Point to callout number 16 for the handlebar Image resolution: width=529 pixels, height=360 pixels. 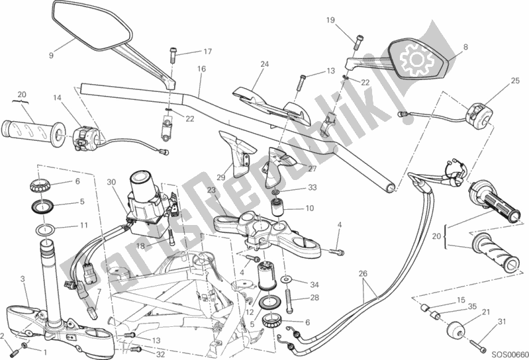[x=201, y=69]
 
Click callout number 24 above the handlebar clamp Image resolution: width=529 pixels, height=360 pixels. [x=265, y=64]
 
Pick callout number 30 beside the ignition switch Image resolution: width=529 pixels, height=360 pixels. [x=112, y=183]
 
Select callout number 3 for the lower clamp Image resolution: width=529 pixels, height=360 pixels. [x=23, y=280]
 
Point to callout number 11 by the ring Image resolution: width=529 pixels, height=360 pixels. [x=83, y=225]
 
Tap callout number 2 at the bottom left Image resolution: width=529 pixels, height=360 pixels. [x=5, y=336]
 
